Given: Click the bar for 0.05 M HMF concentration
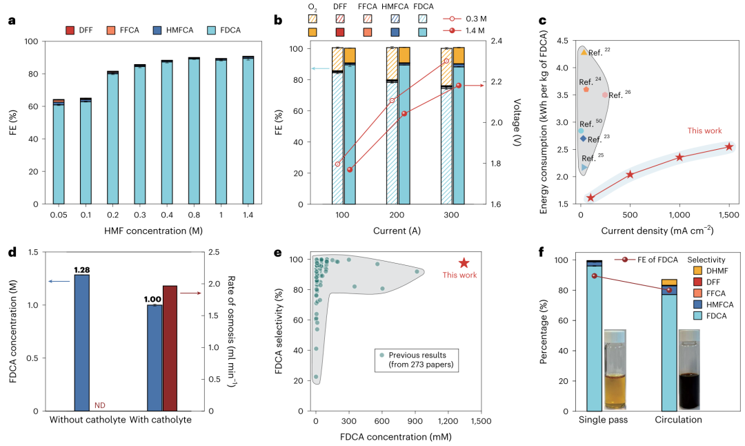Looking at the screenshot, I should [x=59, y=152].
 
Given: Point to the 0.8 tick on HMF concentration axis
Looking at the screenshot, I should [x=194, y=214].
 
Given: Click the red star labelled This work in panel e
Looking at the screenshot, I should [x=464, y=263].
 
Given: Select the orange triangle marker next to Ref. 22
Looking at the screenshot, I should [x=584, y=52].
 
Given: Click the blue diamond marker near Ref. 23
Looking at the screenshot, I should [x=583, y=139].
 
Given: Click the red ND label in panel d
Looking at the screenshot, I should [x=99, y=405].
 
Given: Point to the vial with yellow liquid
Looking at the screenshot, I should [x=615, y=372].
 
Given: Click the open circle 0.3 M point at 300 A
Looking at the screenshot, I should [x=446, y=61].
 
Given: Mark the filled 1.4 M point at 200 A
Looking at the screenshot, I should [x=404, y=113].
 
